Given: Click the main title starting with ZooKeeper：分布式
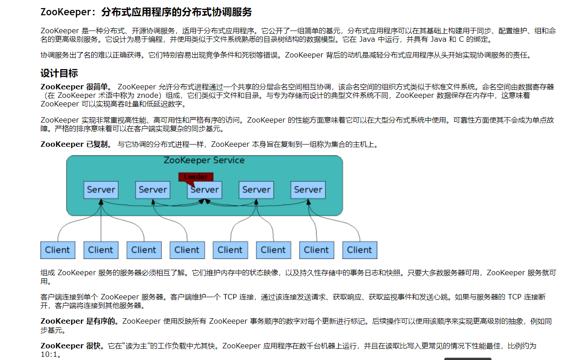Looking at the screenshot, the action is [x=146, y=12].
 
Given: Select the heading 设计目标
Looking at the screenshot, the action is [x=59, y=73].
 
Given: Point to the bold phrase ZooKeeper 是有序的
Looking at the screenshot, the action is [x=80, y=321].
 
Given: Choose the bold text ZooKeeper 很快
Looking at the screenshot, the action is [x=72, y=346].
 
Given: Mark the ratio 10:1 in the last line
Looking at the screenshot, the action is [x=49, y=355].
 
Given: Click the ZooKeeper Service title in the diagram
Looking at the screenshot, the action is [x=204, y=160].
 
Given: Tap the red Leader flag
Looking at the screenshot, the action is [x=196, y=177].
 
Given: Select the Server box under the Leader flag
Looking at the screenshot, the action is [x=204, y=190].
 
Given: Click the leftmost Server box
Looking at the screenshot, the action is [x=101, y=190].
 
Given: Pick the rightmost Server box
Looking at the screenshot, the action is [x=308, y=190].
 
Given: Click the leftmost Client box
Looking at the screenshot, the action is [x=58, y=250].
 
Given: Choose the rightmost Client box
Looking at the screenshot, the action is [x=359, y=250].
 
